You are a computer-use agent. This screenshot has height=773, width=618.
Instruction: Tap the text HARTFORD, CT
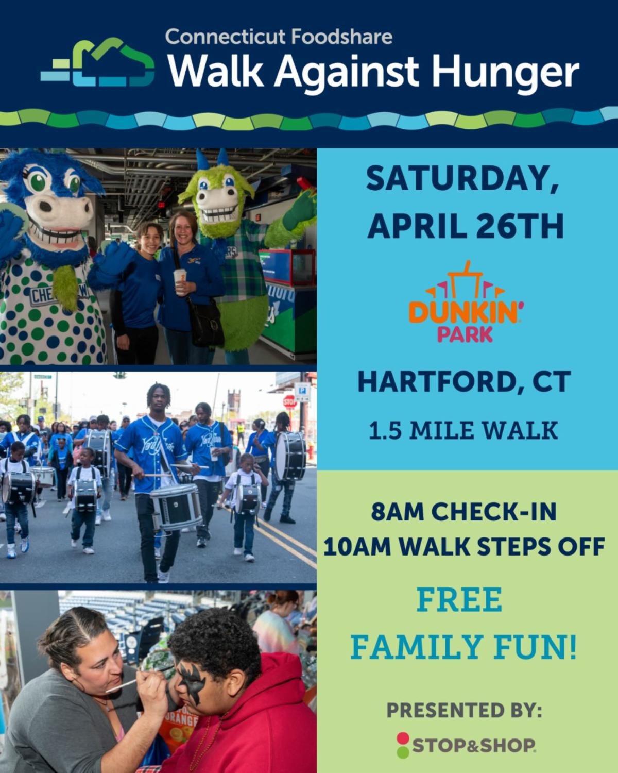[x=464, y=382]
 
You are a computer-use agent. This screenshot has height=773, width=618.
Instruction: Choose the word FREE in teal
[x=459, y=600]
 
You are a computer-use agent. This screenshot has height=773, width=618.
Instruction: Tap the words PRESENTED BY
[x=464, y=711]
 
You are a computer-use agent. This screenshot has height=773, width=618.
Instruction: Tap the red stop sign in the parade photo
[x=289, y=401]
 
